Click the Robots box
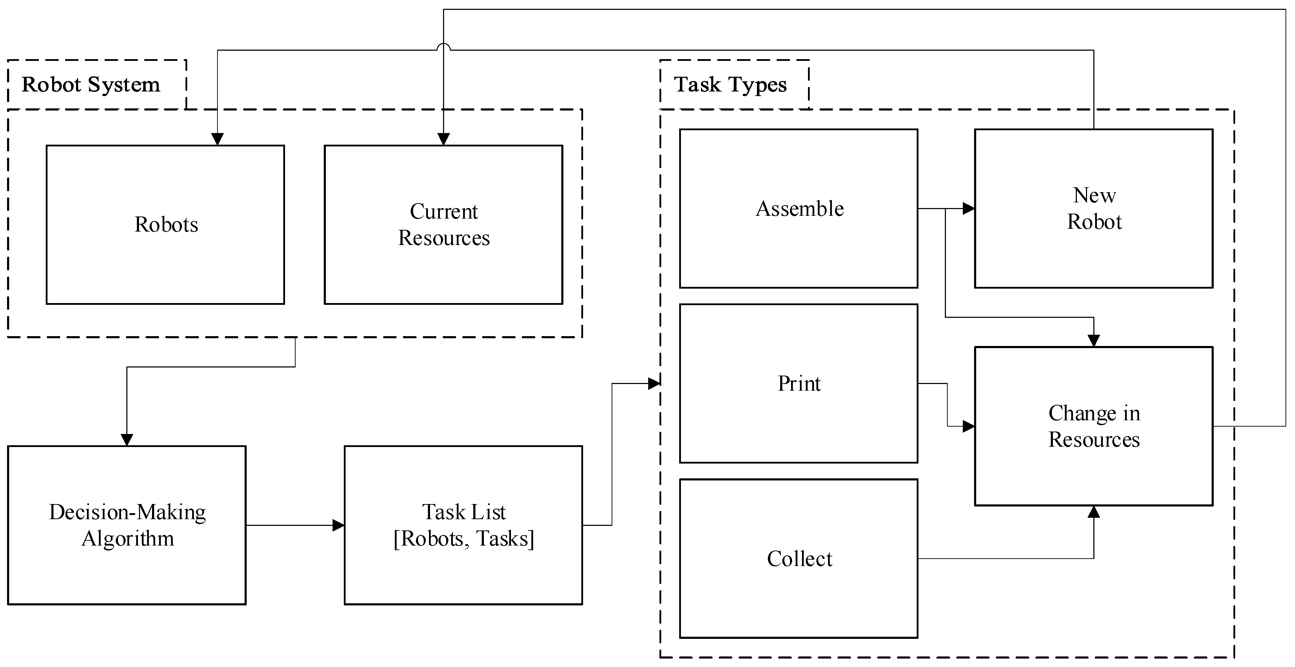point(165,224)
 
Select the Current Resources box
point(443,224)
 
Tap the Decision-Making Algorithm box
point(127,525)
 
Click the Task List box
point(463,525)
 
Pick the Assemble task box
point(798,208)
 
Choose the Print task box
point(798,383)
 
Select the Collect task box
point(798,558)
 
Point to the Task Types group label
point(730,84)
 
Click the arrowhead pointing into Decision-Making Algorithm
point(127,440)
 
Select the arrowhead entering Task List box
point(338,525)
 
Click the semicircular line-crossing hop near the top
point(443,47)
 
